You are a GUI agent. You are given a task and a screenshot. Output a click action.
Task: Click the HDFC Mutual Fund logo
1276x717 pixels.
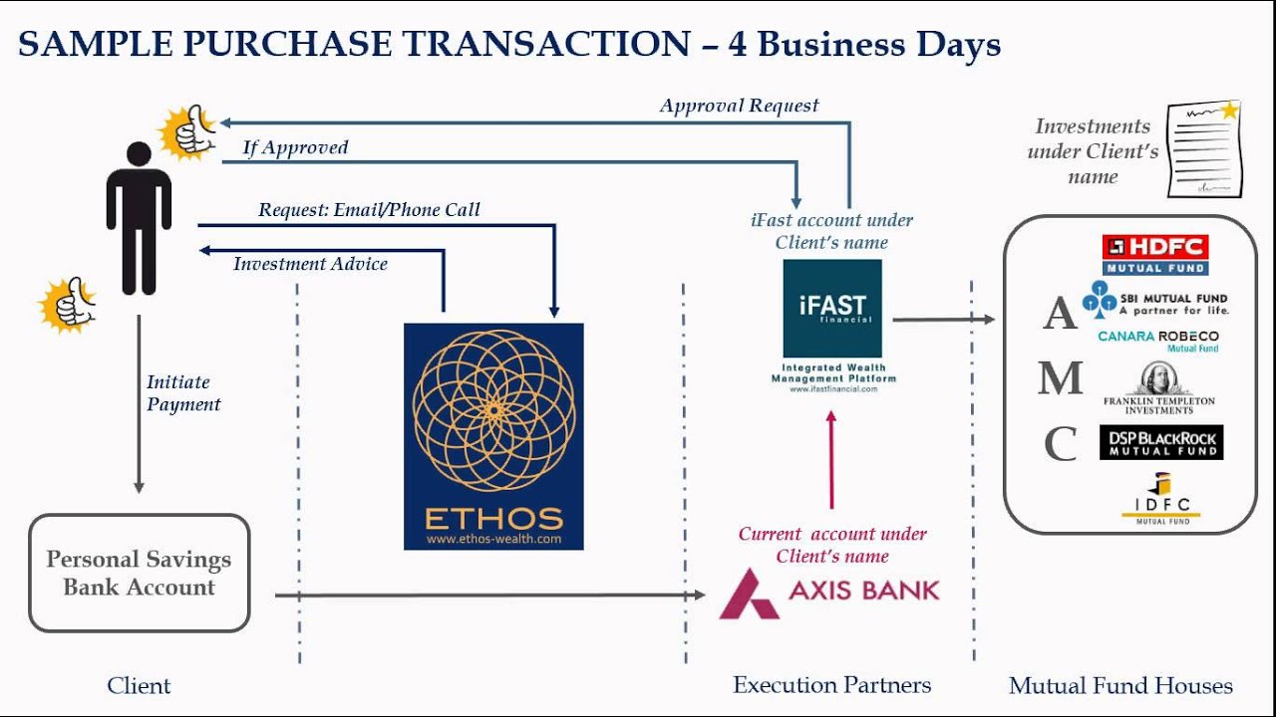point(1155,254)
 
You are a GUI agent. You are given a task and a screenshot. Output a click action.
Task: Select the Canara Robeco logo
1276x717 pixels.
point(1158,341)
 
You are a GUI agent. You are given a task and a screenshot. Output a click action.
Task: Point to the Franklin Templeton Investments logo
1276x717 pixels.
point(1159,388)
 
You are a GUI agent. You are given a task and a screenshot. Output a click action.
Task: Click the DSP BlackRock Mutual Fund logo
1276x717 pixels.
point(1160,442)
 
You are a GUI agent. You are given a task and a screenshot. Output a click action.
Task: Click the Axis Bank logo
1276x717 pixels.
point(829,592)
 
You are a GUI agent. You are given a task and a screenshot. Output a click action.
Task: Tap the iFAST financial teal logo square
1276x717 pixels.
point(832,309)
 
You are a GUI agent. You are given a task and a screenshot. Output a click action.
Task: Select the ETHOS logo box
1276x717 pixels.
point(493,436)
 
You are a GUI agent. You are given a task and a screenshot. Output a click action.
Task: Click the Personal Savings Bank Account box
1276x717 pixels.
point(139,573)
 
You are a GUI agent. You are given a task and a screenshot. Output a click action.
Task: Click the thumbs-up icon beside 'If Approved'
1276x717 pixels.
point(188,133)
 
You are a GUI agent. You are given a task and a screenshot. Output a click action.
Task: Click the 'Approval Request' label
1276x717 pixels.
point(739,106)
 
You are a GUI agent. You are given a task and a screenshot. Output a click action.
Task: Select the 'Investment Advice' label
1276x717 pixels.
point(310,264)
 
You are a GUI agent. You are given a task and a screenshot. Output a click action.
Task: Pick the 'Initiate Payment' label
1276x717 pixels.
point(183,393)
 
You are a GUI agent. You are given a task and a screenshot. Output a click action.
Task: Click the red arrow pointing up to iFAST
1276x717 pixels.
point(831,458)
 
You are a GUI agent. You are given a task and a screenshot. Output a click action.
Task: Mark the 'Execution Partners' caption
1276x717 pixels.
point(831,685)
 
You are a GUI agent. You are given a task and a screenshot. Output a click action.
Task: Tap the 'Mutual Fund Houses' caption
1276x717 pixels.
point(1120,685)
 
